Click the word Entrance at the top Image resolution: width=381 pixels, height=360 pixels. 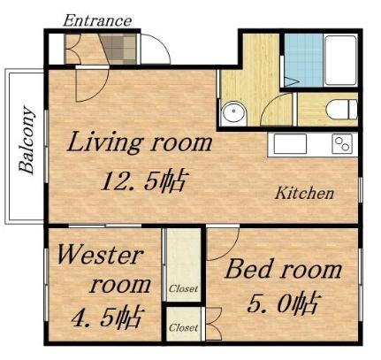[98, 19]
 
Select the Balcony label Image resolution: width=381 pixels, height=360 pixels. [27, 141]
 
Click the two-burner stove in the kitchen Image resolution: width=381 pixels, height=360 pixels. [341, 143]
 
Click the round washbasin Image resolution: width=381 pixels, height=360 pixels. [234, 112]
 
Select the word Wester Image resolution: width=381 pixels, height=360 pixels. [99, 257]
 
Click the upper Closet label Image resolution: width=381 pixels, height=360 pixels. [184, 288]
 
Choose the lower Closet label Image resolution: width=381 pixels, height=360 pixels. [184, 326]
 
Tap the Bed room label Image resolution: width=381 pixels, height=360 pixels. [283, 268]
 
